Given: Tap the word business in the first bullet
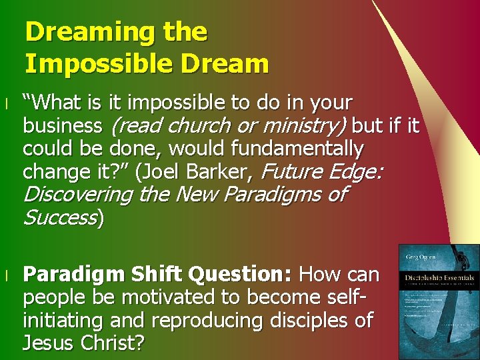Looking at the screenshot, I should click(x=62, y=125).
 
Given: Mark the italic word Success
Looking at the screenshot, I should click(x=61, y=218).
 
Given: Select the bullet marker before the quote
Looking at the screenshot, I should click(x=5, y=104).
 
